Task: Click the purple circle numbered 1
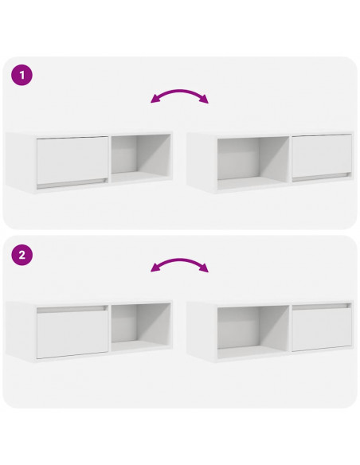click(22, 75)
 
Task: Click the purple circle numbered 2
click(22, 255)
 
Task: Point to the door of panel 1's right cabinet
click(322, 156)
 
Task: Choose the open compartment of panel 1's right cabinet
click(253, 162)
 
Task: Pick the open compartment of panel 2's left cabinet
click(141, 326)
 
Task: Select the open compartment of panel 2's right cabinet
click(253, 331)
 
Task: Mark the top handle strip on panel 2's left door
click(72, 309)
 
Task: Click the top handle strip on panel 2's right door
click(321, 307)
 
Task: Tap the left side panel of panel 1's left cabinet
click(20, 162)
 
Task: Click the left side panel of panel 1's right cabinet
click(202, 162)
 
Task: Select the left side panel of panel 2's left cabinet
click(20, 331)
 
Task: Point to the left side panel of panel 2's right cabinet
click(202, 331)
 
